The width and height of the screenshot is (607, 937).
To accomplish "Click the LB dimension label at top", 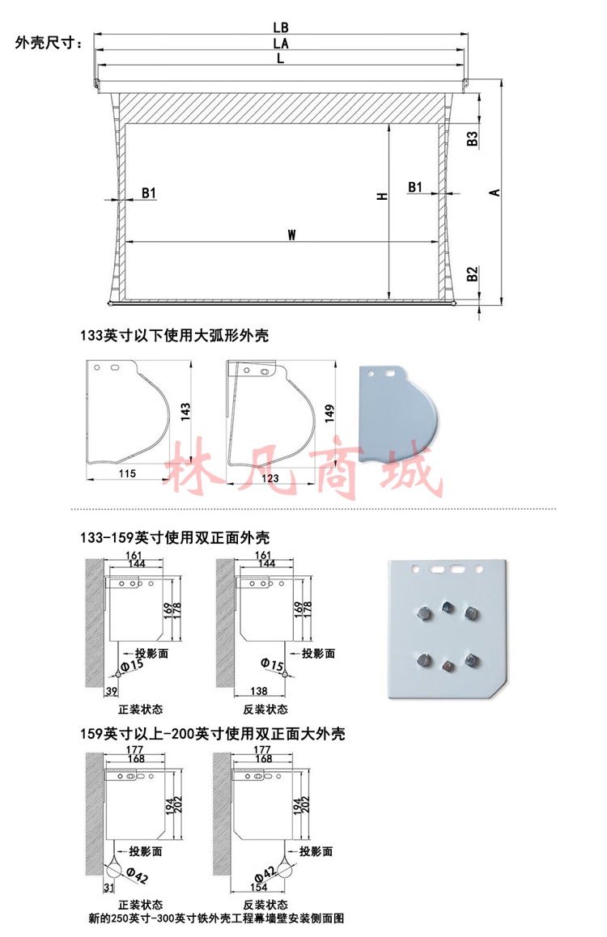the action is pyautogui.click(x=281, y=28).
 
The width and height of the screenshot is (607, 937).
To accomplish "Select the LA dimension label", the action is pyautogui.click(x=281, y=44).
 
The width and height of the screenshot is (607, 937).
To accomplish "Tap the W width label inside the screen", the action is pyautogui.click(x=291, y=235).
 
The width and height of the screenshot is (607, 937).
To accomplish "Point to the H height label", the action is pyautogui.click(x=382, y=196).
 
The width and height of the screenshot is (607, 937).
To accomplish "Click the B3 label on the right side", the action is pyautogui.click(x=472, y=138).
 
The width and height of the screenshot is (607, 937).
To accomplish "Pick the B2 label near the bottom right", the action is pyautogui.click(x=472, y=274).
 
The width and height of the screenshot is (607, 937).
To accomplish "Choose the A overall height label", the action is pyautogui.click(x=495, y=193).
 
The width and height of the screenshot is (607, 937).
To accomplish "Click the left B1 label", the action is pyautogui.click(x=149, y=193).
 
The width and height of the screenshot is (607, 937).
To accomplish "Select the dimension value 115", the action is pyautogui.click(x=127, y=473).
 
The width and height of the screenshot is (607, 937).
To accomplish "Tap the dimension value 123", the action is pyautogui.click(x=270, y=478).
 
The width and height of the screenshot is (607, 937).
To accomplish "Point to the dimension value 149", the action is pyautogui.click(x=329, y=413).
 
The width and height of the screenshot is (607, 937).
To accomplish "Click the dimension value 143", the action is pyautogui.click(x=185, y=412).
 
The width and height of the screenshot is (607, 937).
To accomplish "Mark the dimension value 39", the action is pyautogui.click(x=112, y=691).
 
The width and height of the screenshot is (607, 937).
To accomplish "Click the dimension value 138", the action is pyautogui.click(x=259, y=691).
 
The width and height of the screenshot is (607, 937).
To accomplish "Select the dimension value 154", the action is pyautogui.click(x=259, y=887).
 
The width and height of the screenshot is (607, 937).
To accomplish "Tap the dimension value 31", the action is pyautogui.click(x=108, y=888).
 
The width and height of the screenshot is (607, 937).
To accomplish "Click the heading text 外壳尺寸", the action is pyautogui.click(x=46, y=43).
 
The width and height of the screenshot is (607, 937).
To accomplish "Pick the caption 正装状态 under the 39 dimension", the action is pyautogui.click(x=140, y=710).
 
